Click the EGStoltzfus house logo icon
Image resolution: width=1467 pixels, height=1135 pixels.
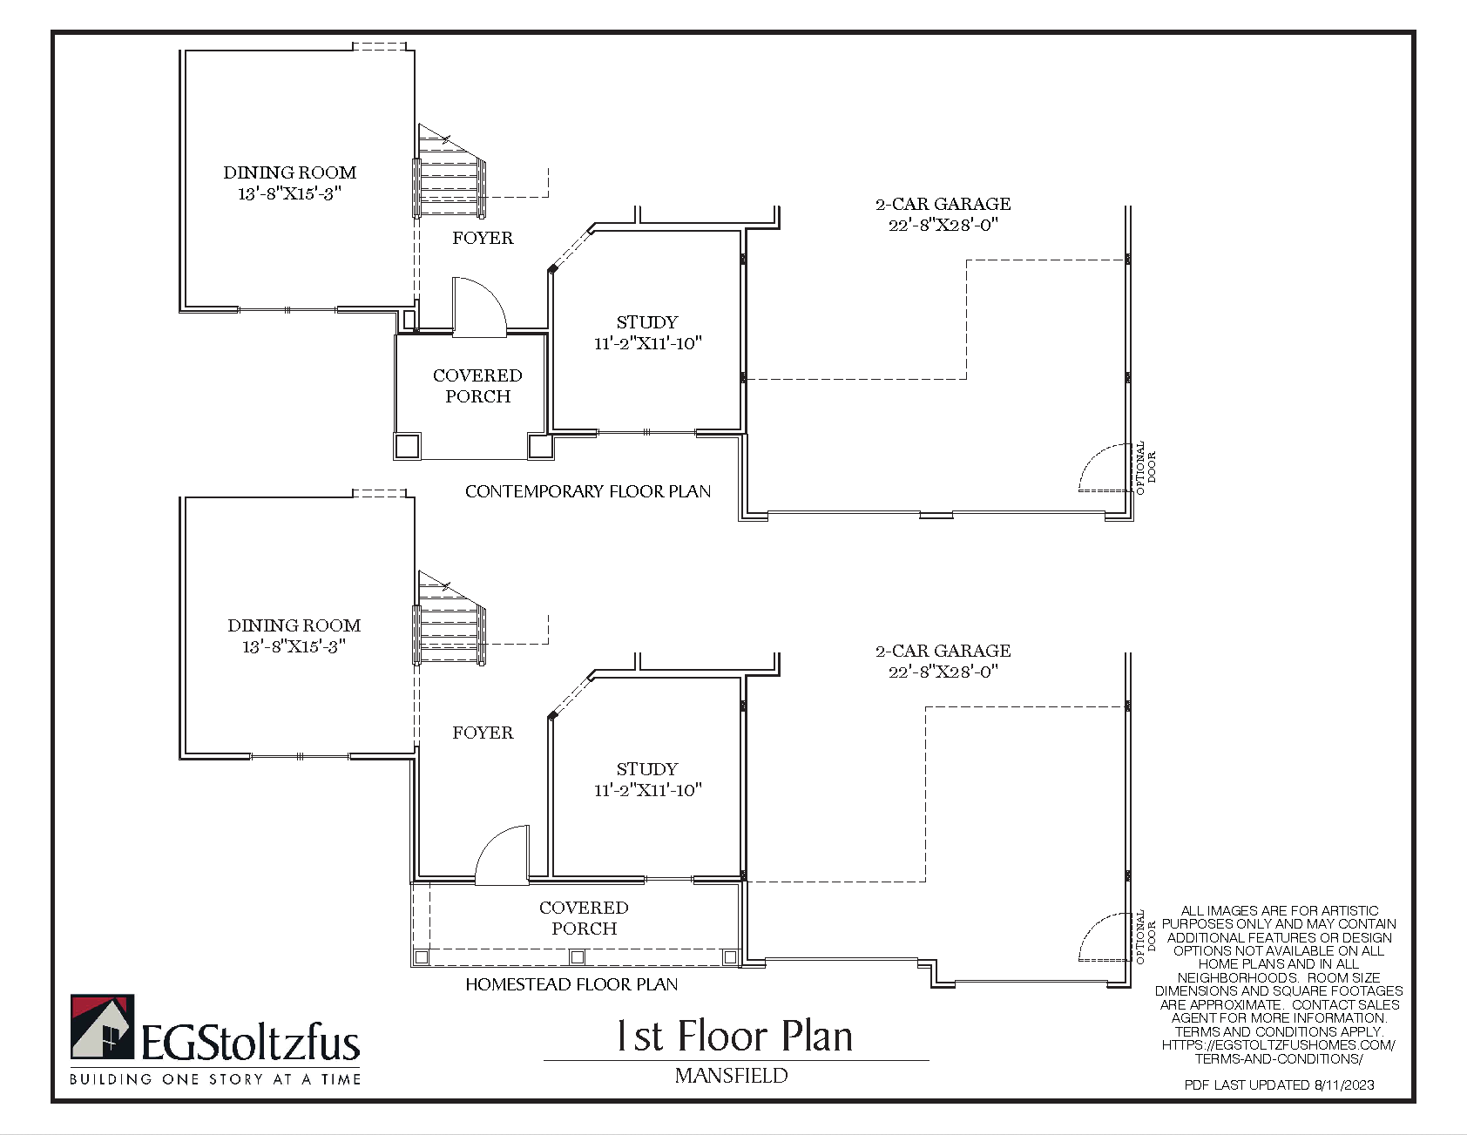(x=102, y=1027)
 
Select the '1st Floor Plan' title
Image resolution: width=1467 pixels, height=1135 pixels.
(x=734, y=1037)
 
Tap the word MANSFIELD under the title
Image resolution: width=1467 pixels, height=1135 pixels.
(x=732, y=1076)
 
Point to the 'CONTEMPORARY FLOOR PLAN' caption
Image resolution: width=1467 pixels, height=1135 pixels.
(x=588, y=491)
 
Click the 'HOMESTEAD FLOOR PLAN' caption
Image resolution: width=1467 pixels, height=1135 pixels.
(x=571, y=984)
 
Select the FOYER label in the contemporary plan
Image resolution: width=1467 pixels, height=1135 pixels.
(x=483, y=238)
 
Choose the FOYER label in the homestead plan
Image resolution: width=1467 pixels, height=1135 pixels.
(x=483, y=733)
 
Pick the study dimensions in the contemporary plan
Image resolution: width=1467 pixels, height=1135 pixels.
(x=647, y=343)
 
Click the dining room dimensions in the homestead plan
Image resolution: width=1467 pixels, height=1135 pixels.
(x=294, y=646)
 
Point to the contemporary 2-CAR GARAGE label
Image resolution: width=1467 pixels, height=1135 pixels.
(x=943, y=204)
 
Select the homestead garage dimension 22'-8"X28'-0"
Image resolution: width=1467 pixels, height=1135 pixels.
(x=943, y=672)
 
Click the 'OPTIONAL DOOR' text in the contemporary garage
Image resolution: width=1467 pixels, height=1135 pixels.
(x=1146, y=468)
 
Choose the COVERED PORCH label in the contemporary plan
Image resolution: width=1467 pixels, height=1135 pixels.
(x=477, y=386)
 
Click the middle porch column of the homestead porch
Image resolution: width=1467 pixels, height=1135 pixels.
(x=577, y=957)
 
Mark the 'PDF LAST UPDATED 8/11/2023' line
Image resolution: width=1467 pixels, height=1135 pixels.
(x=1279, y=1084)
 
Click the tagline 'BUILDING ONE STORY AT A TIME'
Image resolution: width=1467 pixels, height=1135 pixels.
(x=215, y=1079)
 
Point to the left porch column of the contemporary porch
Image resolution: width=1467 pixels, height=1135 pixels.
(x=407, y=446)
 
